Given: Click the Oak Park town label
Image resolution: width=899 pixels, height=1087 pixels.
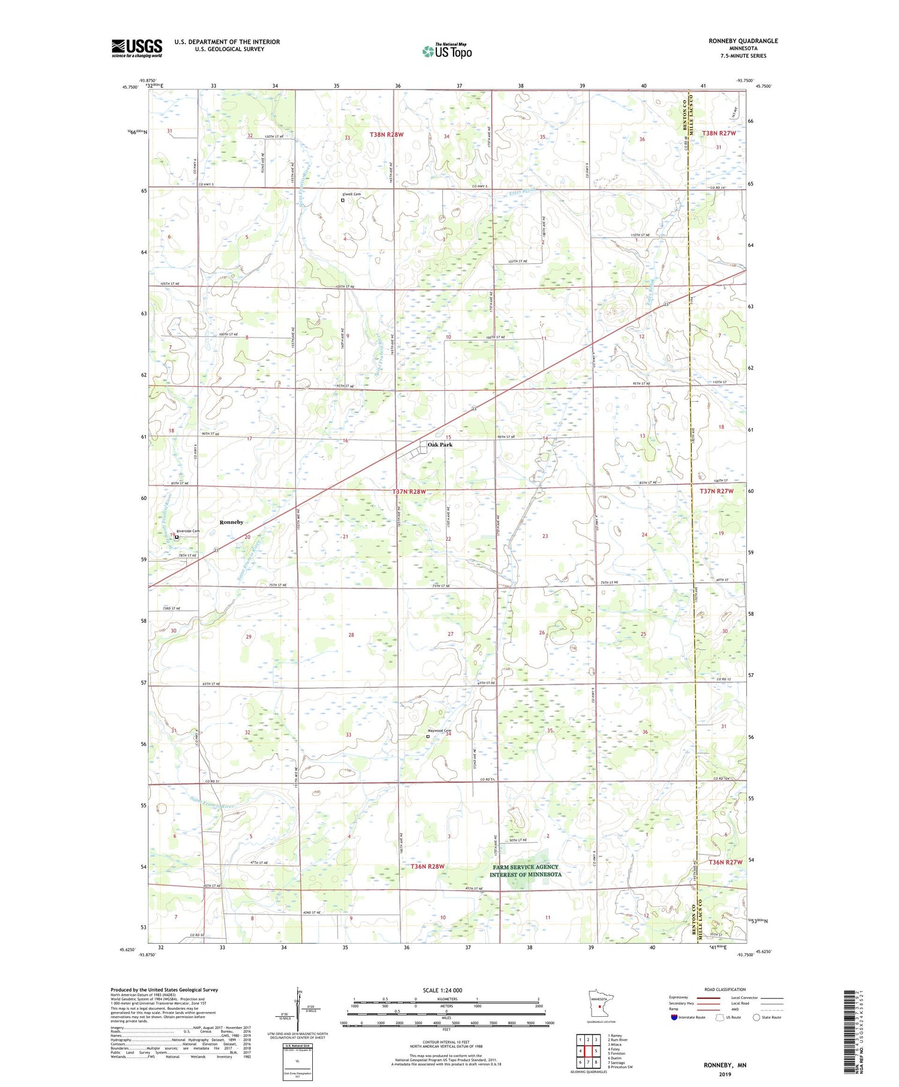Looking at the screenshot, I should [x=440, y=445].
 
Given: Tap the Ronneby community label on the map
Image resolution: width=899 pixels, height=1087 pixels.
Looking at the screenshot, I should [x=231, y=522].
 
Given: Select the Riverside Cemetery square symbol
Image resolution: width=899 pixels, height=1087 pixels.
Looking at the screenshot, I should [x=177, y=537].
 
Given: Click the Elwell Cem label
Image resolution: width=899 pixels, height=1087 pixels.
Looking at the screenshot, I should [x=351, y=194].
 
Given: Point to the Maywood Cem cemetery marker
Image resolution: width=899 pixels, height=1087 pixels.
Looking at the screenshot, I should [x=427, y=736].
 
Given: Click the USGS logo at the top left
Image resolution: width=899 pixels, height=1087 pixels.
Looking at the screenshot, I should [x=137, y=48].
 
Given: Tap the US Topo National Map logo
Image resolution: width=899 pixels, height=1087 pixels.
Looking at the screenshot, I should [x=447, y=51].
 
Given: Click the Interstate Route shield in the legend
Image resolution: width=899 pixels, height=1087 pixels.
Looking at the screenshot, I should [x=674, y=1017].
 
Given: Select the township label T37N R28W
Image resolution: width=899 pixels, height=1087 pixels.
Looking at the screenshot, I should [x=409, y=492].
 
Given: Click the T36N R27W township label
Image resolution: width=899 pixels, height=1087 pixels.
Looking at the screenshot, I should [x=725, y=862].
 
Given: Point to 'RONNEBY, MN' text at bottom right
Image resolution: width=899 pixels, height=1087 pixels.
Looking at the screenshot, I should [x=725, y=1065].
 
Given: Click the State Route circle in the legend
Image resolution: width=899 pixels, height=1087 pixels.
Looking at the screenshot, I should [x=756, y=1017].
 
